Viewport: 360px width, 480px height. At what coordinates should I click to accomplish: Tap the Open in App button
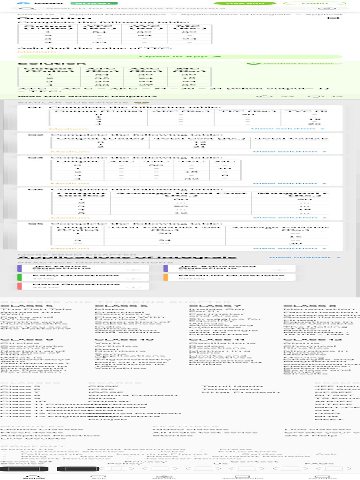click(180, 56)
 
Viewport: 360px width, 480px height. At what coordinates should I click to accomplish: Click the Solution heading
click(52, 64)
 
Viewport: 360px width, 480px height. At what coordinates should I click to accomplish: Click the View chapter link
click(304, 257)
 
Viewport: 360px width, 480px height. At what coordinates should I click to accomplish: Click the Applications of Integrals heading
click(127, 257)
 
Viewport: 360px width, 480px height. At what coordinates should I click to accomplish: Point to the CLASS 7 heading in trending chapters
click(215, 306)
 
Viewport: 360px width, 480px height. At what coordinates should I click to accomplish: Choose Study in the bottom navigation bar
click(157, 478)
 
